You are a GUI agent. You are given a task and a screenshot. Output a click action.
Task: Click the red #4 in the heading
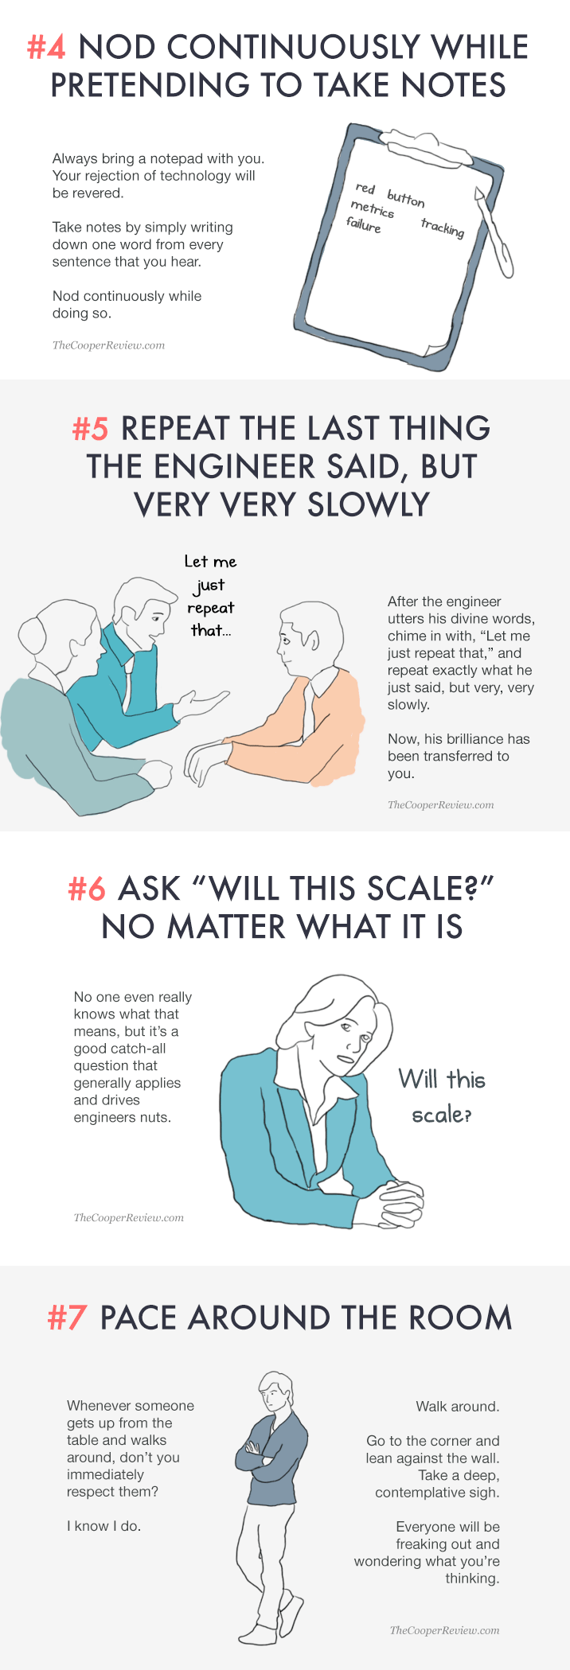(x=47, y=48)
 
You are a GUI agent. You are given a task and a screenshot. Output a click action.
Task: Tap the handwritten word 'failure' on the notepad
(x=364, y=225)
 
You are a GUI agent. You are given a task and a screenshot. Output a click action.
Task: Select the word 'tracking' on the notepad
(x=443, y=228)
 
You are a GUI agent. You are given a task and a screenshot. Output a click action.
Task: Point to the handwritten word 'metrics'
(x=373, y=208)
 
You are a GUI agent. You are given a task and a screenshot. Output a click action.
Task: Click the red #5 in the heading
(x=90, y=429)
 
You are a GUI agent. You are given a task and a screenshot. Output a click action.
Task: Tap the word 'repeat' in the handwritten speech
(x=211, y=609)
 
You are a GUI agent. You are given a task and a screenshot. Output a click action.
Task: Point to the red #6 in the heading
(x=87, y=889)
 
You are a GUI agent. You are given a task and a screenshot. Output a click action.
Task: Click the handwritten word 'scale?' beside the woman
(x=442, y=1115)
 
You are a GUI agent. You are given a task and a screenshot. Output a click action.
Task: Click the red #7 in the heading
(x=67, y=1318)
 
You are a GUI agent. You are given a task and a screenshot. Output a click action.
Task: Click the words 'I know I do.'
(x=104, y=1526)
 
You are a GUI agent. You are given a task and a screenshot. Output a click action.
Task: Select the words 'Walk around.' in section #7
(x=458, y=1407)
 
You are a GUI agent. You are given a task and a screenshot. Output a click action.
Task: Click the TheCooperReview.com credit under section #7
(x=445, y=1630)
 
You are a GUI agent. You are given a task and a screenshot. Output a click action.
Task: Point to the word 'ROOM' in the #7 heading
(x=460, y=1318)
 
